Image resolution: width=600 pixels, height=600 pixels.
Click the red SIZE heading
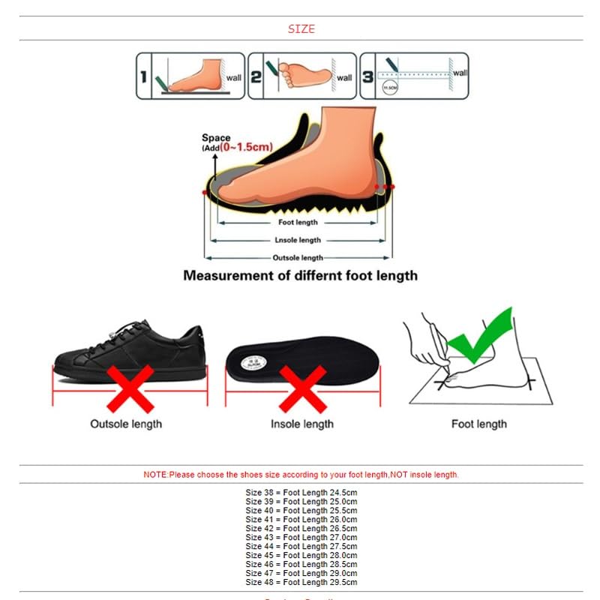(x=301, y=29)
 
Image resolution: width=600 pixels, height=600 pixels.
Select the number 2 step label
(x=255, y=75)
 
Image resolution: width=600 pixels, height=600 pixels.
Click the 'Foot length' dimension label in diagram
(x=298, y=222)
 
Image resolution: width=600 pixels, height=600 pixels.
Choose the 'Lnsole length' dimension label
(x=298, y=240)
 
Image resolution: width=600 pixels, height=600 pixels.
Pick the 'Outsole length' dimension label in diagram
(x=298, y=258)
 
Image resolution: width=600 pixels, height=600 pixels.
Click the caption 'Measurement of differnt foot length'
(x=301, y=276)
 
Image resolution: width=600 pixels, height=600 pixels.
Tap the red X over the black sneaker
(x=130, y=388)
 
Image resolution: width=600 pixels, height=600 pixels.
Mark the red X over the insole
(x=302, y=388)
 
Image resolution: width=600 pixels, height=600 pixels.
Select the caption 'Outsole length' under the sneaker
(x=125, y=424)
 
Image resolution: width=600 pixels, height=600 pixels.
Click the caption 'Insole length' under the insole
(x=302, y=424)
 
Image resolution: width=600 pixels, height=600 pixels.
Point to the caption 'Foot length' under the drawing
(x=478, y=424)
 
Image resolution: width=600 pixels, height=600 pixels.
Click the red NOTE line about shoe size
(x=301, y=475)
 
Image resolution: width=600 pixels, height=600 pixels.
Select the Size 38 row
(x=301, y=493)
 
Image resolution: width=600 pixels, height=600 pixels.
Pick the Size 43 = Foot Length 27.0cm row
(x=301, y=538)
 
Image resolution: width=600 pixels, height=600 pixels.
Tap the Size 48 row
(x=301, y=583)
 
